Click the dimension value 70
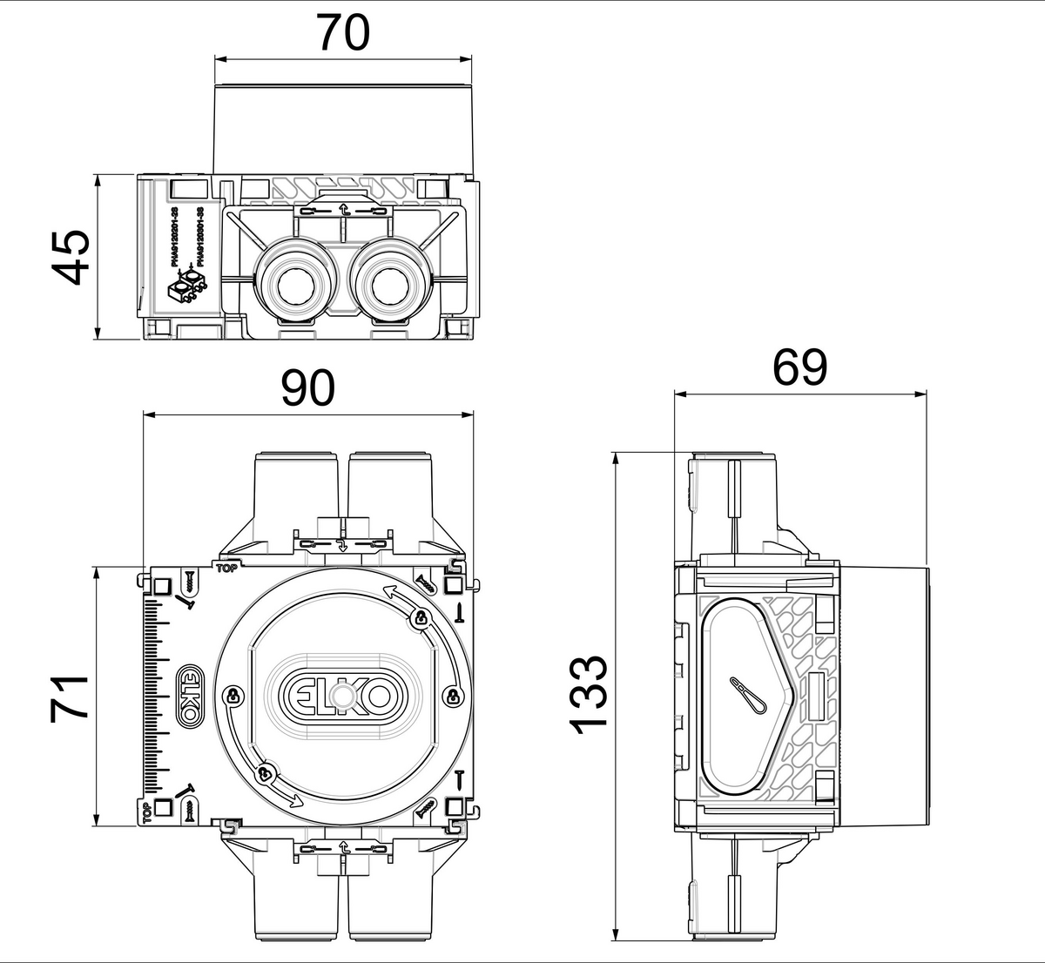tap(342, 33)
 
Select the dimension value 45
tap(68, 257)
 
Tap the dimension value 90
tap(307, 388)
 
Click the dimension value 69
tap(799, 368)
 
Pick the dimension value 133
tap(590, 695)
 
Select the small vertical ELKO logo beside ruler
tap(188, 694)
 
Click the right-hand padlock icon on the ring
tap(453, 695)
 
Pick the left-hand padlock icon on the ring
tap(233, 695)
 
